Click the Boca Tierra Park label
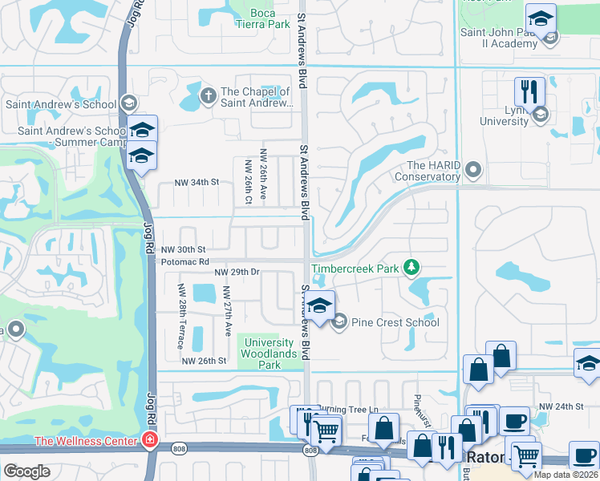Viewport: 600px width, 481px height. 269,18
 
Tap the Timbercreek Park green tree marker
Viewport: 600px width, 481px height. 411,266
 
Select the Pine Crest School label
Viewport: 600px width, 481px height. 395,322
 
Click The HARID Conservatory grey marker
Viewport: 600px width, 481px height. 473,169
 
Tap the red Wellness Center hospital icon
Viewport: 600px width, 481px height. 148,439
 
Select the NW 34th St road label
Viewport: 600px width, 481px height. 197,183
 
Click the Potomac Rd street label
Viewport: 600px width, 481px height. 184,261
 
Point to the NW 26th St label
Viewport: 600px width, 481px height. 204,362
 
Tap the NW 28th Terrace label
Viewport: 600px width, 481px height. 181,316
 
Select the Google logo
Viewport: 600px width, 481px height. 26,471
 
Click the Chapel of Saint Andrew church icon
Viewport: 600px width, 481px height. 208,96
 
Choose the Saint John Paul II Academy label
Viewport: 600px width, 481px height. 497,38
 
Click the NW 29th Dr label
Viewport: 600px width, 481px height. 237,273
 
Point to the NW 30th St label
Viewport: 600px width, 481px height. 184,249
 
